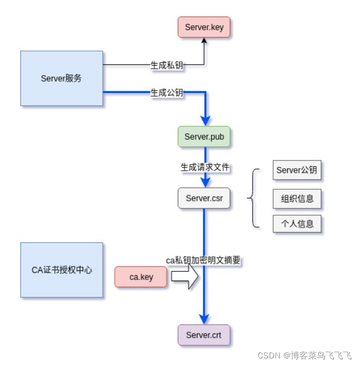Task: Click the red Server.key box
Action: pos(204,27)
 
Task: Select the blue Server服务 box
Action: pos(61,78)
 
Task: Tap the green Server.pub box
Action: pos(204,137)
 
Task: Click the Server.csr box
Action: pos(204,198)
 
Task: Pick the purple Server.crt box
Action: pos(204,335)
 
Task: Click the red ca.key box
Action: pos(141,277)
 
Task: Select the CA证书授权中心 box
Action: pos(61,270)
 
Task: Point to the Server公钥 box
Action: pos(297,170)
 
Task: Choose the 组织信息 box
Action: pos(297,199)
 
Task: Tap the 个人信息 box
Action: pos(297,224)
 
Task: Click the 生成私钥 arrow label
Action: pos(167,65)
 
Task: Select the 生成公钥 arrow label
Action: pos(167,92)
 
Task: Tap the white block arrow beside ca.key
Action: pos(185,277)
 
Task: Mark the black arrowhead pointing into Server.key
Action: pos(204,42)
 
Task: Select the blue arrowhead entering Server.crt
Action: pos(205,320)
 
